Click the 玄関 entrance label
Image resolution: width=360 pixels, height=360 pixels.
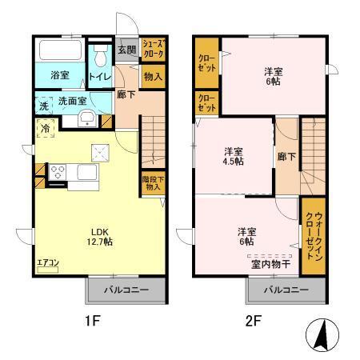click(x=126, y=50)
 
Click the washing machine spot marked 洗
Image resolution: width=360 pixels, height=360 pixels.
click(x=43, y=106)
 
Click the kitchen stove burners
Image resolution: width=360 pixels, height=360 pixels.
click(x=58, y=170)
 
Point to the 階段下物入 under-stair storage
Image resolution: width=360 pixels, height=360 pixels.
click(x=152, y=184)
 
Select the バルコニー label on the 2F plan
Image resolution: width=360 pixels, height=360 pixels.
click(x=286, y=289)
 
